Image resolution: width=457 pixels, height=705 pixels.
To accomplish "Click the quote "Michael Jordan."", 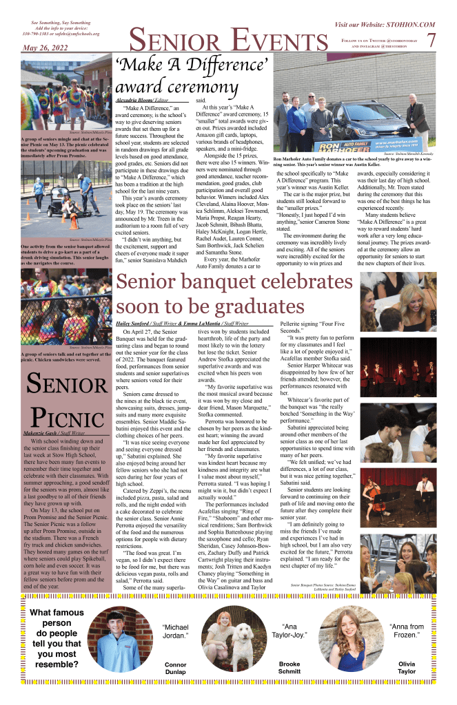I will pos(175,633).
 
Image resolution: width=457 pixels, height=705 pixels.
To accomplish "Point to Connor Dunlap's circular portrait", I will pos(121,640).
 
